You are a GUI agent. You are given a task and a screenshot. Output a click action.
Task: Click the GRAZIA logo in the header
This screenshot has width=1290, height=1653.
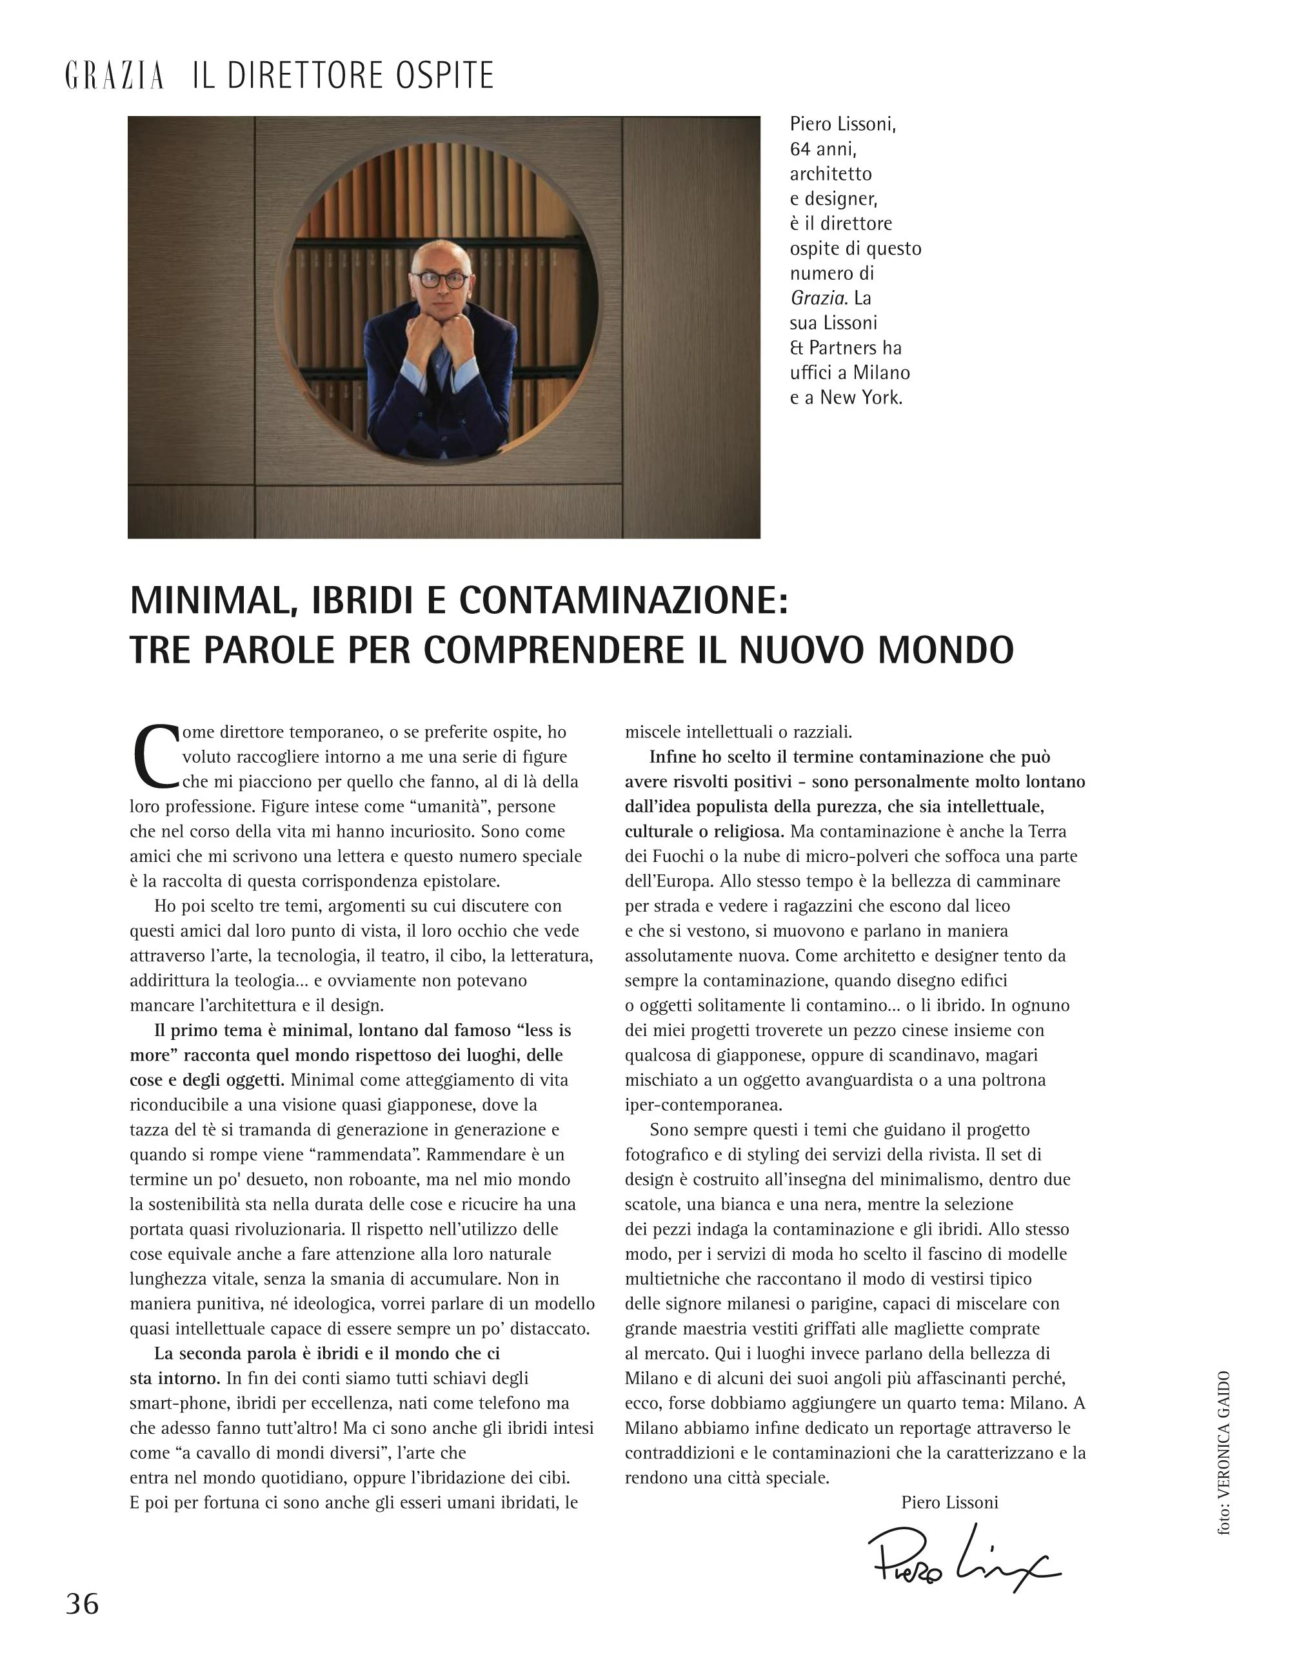tap(114, 77)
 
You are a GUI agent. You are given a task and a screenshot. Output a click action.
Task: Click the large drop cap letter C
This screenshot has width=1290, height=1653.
tap(154, 756)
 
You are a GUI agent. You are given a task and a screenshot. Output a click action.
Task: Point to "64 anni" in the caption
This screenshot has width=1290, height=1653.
tap(823, 149)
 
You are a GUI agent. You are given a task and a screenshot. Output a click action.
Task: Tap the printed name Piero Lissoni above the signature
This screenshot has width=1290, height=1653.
tap(949, 1502)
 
